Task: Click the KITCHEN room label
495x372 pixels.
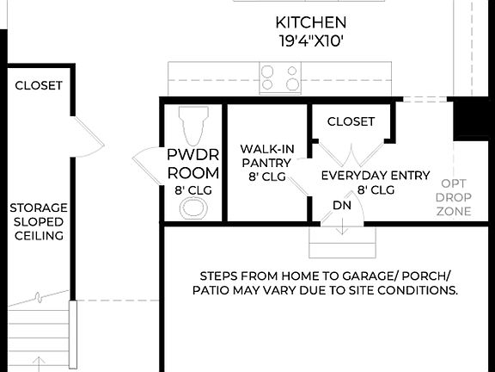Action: (311, 22)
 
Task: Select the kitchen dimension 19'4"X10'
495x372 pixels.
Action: (311, 40)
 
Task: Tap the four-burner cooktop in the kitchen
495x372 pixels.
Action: (280, 77)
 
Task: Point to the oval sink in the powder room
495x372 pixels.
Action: (192, 208)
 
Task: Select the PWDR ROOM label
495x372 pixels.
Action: (192, 164)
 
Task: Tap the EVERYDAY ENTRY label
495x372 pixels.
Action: (375, 176)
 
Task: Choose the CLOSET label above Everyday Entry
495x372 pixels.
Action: (351, 121)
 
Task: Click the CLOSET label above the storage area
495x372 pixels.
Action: (39, 85)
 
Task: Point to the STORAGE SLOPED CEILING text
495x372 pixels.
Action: (38, 221)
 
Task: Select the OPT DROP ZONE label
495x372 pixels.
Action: (454, 197)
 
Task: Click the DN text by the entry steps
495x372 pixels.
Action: (341, 205)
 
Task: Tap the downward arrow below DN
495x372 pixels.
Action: (342, 226)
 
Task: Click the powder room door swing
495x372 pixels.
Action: (147, 160)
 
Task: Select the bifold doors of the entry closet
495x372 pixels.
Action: (351, 155)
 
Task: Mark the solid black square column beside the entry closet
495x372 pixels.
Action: (470, 118)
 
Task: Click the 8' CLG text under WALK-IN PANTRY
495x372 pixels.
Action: (266, 177)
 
